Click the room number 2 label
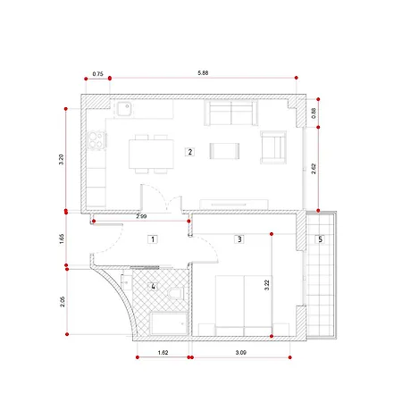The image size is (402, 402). click(x=189, y=152)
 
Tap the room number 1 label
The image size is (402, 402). click(x=153, y=239)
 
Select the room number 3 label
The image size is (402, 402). click(x=239, y=239)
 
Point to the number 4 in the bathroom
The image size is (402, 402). click(x=153, y=287)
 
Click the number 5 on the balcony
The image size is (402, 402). click(x=321, y=239)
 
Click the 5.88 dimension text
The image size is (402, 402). click(x=203, y=72)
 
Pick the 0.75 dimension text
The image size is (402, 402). click(x=97, y=73)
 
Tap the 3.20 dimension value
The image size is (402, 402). click(x=62, y=159)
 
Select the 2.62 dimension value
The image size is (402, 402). click(x=314, y=169)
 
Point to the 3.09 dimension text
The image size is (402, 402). click(x=240, y=352)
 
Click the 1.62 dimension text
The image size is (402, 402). click(x=163, y=352)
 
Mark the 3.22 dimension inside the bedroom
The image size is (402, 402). click(x=267, y=285)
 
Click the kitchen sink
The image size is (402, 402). click(x=124, y=109)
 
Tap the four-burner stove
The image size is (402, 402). click(x=96, y=140)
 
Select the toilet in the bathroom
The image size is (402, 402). click(x=176, y=293)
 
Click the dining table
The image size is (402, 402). click(x=151, y=154)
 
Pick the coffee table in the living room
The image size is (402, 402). click(x=224, y=151)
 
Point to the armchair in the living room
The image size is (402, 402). click(x=273, y=147)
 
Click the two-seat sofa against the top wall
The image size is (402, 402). click(x=231, y=113)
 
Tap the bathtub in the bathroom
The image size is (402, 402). click(x=169, y=323)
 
